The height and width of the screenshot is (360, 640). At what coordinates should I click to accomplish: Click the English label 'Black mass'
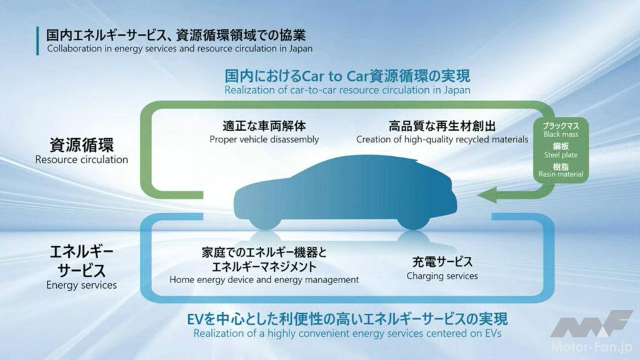point(561,134)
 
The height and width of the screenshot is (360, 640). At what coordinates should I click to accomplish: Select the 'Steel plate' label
point(561,154)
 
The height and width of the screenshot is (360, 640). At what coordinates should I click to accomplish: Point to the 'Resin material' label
point(561,174)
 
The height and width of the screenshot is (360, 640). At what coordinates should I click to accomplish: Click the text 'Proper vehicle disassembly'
point(264,139)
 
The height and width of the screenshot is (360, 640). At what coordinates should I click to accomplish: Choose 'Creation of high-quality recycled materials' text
point(442,139)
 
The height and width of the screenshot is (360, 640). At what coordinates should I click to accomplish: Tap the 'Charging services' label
point(442,276)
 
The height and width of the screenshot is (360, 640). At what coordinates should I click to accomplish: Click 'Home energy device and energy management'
point(264,279)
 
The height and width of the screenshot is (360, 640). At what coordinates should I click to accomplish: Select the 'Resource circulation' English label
point(81,159)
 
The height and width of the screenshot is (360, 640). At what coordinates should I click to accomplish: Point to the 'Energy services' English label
point(81,285)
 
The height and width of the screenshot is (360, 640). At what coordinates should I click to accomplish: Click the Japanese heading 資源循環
point(81,146)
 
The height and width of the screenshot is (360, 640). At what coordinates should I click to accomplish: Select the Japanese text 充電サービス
point(442,262)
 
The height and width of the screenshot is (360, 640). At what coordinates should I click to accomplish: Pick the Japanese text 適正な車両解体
point(264,126)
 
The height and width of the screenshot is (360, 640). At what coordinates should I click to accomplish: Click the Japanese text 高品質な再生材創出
point(442,126)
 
